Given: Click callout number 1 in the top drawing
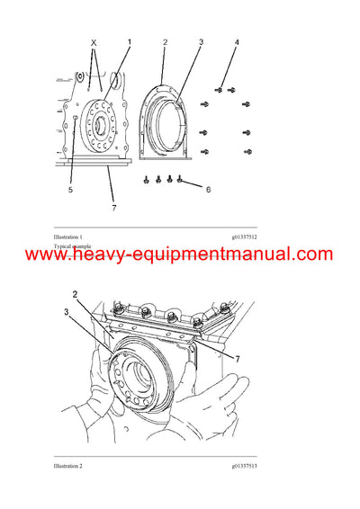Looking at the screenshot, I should [129, 42].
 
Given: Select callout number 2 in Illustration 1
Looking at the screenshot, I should [165, 42].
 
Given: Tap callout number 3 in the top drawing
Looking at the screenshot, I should [201, 42].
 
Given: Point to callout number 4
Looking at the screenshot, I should [237, 42].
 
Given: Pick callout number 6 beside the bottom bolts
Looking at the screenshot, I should [208, 190].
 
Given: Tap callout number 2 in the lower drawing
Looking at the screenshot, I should [76, 293].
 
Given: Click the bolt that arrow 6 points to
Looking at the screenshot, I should [179, 179].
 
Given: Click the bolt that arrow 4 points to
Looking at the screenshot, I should [219, 89].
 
